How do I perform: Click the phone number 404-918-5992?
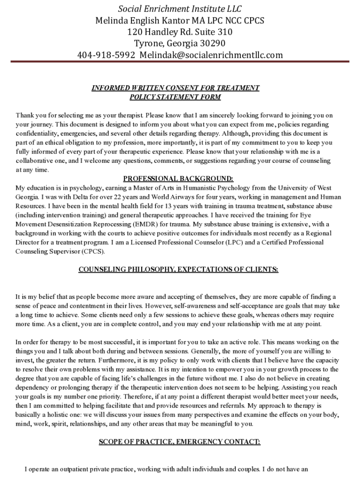point(106,55)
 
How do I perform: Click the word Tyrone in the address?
point(149,44)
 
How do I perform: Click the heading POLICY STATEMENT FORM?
point(175,97)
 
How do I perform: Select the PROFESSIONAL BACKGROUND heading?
point(178,179)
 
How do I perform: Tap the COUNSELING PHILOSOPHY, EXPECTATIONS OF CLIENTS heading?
point(178,269)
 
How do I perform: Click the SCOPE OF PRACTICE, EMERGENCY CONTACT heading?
point(180,442)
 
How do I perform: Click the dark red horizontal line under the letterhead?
point(180,62)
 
